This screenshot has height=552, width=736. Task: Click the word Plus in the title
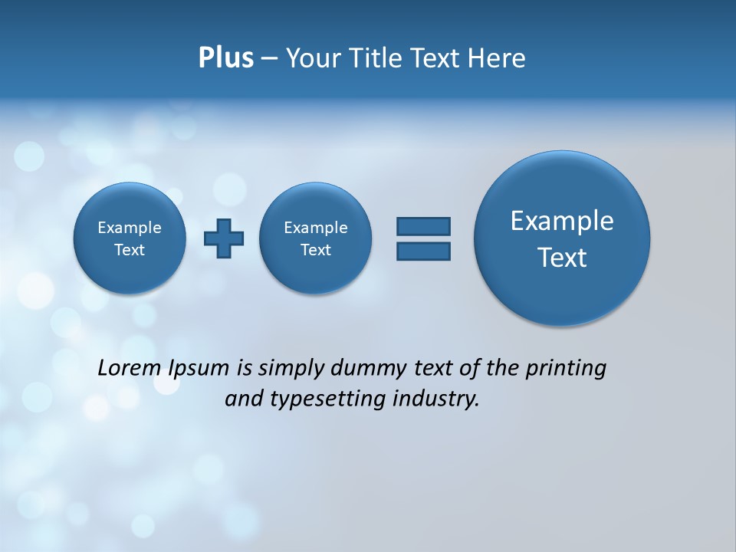pyautogui.click(x=225, y=58)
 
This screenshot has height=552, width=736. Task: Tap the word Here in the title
pyautogui.click(x=497, y=58)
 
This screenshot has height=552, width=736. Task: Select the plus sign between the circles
pyautogui.click(x=224, y=238)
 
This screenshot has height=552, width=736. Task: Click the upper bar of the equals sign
pyautogui.click(x=423, y=226)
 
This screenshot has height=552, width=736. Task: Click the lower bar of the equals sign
pyautogui.click(x=423, y=251)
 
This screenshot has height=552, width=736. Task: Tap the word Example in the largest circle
pyautogui.click(x=562, y=221)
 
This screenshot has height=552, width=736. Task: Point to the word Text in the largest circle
pyautogui.click(x=562, y=258)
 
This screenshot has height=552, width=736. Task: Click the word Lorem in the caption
pyautogui.click(x=130, y=368)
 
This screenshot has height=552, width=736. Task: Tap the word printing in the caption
pyautogui.click(x=565, y=369)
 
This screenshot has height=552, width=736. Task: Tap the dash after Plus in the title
pyautogui.click(x=269, y=59)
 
